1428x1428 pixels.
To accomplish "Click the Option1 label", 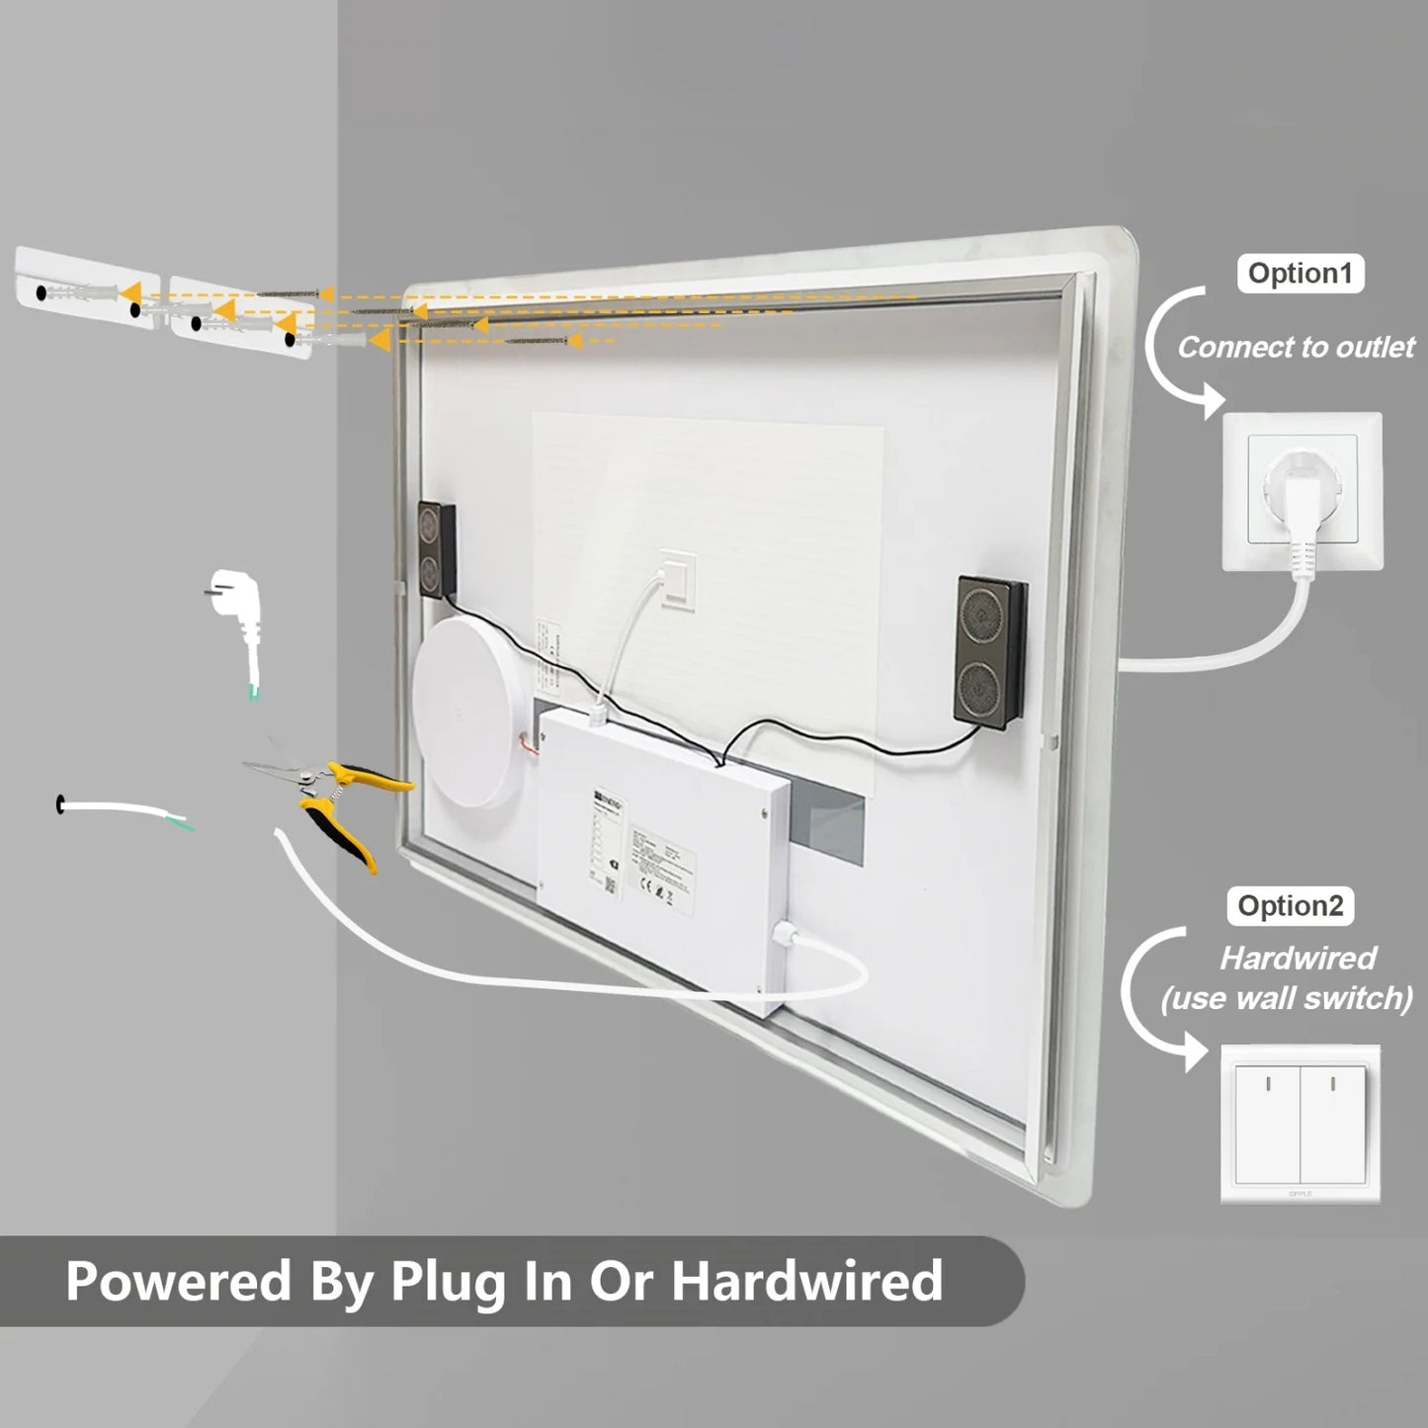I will click(1300, 274).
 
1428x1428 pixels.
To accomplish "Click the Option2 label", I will click(1291, 906).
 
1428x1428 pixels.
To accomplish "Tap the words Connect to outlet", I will click(1296, 348).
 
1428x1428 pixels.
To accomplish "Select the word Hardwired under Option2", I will click(1298, 958).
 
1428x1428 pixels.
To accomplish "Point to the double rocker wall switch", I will click(1300, 1124).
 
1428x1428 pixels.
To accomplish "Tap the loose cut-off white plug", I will click(236, 622).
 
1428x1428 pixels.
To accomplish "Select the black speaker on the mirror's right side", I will click(988, 653).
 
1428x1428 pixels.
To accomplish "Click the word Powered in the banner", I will click(178, 1282).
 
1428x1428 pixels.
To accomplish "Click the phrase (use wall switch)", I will click(1287, 998).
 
